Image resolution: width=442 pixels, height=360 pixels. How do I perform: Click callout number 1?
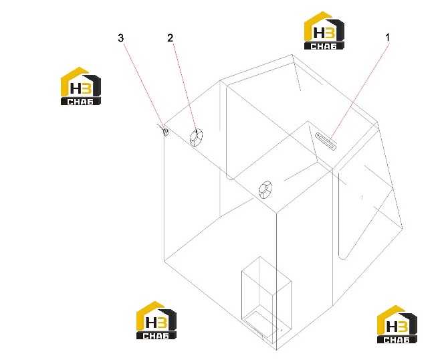point(388,37)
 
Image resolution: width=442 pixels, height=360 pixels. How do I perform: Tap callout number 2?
point(171,37)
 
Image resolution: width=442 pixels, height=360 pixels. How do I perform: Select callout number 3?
point(120,37)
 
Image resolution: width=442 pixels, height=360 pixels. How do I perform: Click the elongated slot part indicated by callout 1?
point(326,141)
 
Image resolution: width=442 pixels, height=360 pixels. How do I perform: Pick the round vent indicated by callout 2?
point(196,137)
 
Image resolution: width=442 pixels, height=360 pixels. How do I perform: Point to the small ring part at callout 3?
point(166,132)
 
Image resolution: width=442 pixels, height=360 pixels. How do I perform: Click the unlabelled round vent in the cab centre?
point(265,190)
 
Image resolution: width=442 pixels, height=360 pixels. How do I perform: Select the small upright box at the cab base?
point(266,300)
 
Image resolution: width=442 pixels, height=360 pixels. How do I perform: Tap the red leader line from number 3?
point(144,87)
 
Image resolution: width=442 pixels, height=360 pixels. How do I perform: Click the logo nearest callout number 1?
point(324,31)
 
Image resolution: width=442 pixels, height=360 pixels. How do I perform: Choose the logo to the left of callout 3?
point(81,86)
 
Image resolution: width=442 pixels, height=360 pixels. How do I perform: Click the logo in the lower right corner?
point(397,324)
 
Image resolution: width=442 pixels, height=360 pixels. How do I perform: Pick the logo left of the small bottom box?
point(156,321)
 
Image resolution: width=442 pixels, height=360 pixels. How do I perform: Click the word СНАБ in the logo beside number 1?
point(324,46)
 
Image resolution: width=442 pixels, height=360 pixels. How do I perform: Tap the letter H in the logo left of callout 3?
point(76,89)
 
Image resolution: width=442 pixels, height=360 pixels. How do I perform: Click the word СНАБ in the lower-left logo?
point(156,336)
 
